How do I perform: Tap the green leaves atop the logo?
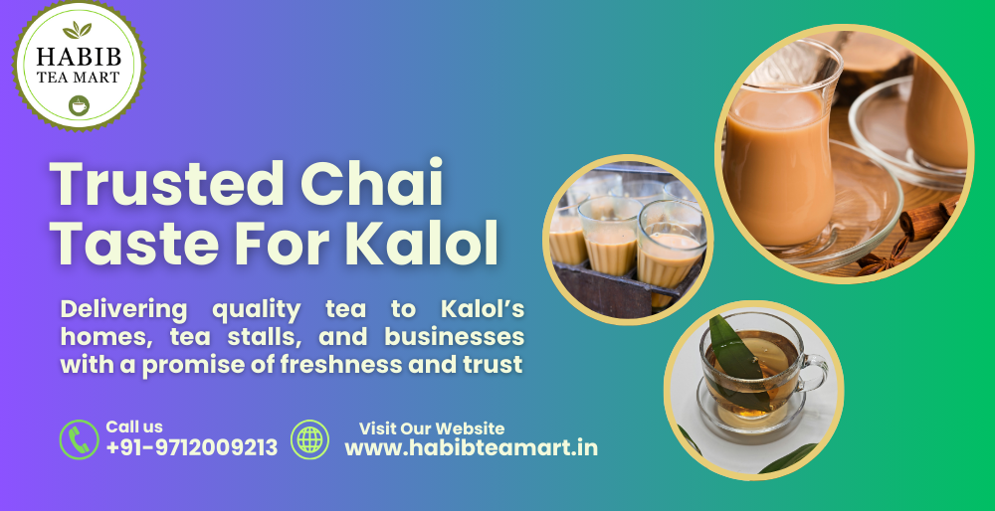pos(77,30)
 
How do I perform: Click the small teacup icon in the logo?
pos(77,103)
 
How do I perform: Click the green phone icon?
pos(79,438)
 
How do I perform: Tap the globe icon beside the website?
pos(309,438)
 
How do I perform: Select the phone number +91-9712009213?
pos(191,448)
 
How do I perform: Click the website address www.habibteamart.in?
pos(471,448)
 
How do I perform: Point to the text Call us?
pos(134,426)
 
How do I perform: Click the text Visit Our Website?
pos(432,428)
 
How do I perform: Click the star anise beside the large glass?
pos(880,260)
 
